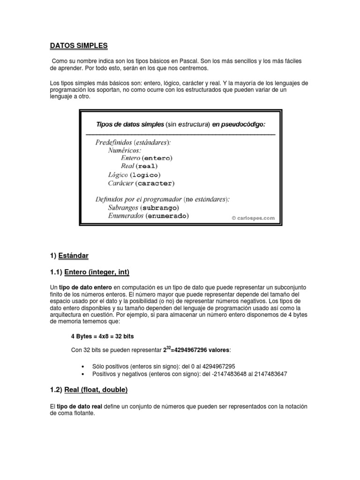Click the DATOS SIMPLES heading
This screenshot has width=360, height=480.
79,45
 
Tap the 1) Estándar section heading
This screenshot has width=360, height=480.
69,255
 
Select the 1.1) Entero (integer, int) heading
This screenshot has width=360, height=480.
90,272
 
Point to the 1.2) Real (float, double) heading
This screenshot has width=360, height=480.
89,390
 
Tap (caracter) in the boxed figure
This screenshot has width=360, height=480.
154,183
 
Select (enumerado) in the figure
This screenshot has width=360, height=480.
167,216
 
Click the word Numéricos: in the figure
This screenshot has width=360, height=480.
124,150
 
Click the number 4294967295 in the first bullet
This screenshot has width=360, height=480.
215,366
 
